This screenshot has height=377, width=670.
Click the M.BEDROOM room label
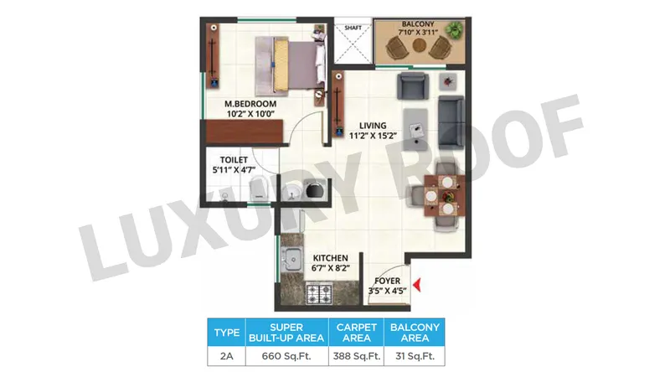(x=250, y=104)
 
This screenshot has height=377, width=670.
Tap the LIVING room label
(x=373, y=126)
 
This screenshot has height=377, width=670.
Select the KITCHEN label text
(x=330, y=258)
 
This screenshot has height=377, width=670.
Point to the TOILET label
(x=234, y=160)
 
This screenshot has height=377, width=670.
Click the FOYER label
(x=388, y=281)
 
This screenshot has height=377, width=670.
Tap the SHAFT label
(x=353, y=28)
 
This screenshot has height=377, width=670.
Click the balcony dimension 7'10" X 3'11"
(x=418, y=32)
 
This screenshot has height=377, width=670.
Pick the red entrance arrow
(x=417, y=285)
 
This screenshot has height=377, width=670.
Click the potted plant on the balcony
(x=453, y=30)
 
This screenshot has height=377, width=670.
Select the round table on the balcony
(x=420, y=45)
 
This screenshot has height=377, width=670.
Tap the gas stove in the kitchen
(x=319, y=293)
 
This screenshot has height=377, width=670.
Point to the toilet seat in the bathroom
(x=259, y=188)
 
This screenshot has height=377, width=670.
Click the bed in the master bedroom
(x=290, y=66)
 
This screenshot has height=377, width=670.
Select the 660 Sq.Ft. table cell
(x=286, y=356)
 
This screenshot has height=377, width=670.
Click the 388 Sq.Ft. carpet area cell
(x=357, y=356)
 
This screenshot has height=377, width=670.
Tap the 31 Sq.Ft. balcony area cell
(x=415, y=356)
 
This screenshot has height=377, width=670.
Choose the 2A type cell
(x=226, y=356)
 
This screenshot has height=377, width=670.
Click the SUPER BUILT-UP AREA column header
(x=286, y=333)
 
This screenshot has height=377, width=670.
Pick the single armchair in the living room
(x=412, y=85)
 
